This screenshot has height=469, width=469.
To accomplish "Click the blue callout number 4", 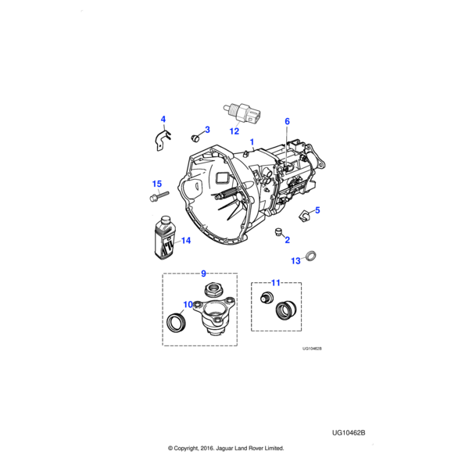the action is point(163,120).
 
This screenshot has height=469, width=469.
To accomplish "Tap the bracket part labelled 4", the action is point(163,140).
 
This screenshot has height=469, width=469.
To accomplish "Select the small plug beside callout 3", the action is point(195,138).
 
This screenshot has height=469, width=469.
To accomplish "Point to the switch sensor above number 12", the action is point(242,113).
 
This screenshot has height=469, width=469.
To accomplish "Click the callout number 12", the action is point(234,131).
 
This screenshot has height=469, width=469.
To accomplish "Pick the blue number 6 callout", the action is point(287,121).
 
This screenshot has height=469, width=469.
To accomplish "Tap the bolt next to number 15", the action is point(159,196).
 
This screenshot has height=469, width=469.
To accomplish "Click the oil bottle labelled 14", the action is point(164,238).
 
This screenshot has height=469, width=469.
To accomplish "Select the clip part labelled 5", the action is point(305,216).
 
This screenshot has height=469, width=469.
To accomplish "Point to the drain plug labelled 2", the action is point(279,232).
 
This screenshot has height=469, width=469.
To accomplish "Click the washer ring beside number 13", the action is point(311,256).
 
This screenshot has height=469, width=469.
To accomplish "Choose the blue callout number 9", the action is point(203,274).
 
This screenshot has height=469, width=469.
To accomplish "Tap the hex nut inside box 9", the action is point(213,289).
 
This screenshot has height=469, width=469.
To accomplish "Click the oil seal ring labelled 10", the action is point(177,322).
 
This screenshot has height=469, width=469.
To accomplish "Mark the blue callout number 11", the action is point(275,283).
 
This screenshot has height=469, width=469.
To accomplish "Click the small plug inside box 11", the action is point(264,298).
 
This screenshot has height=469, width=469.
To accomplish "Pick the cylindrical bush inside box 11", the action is point(285,310).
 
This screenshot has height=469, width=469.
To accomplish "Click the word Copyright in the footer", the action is point(187,448).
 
